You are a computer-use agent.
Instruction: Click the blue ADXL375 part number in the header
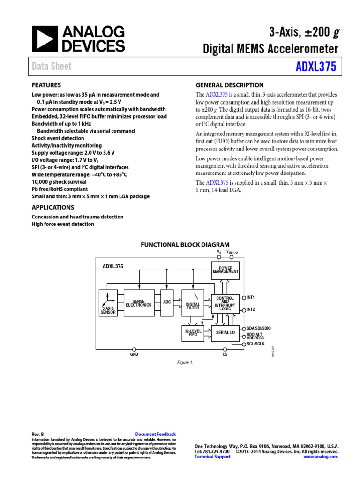(315, 67)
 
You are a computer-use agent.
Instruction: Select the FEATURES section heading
(46, 85)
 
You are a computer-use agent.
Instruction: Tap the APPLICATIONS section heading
(52, 207)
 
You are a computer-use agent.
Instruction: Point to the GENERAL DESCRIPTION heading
(229, 85)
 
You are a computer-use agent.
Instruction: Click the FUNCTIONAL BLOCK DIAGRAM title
(185, 245)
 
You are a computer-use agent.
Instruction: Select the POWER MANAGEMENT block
(225, 270)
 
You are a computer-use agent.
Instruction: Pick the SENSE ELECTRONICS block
(139, 303)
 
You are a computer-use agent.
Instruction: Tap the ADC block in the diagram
(167, 302)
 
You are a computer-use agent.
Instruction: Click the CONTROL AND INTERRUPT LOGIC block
(225, 303)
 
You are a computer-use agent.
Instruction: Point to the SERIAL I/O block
(225, 333)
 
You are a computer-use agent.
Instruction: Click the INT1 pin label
(251, 297)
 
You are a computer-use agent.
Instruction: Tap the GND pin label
(134, 355)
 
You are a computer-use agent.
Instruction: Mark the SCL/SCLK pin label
(256, 344)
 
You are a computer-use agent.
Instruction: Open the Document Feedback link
(155, 435)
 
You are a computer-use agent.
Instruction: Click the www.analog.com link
(321, 457)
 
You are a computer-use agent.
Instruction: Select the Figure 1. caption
(185, 362)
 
